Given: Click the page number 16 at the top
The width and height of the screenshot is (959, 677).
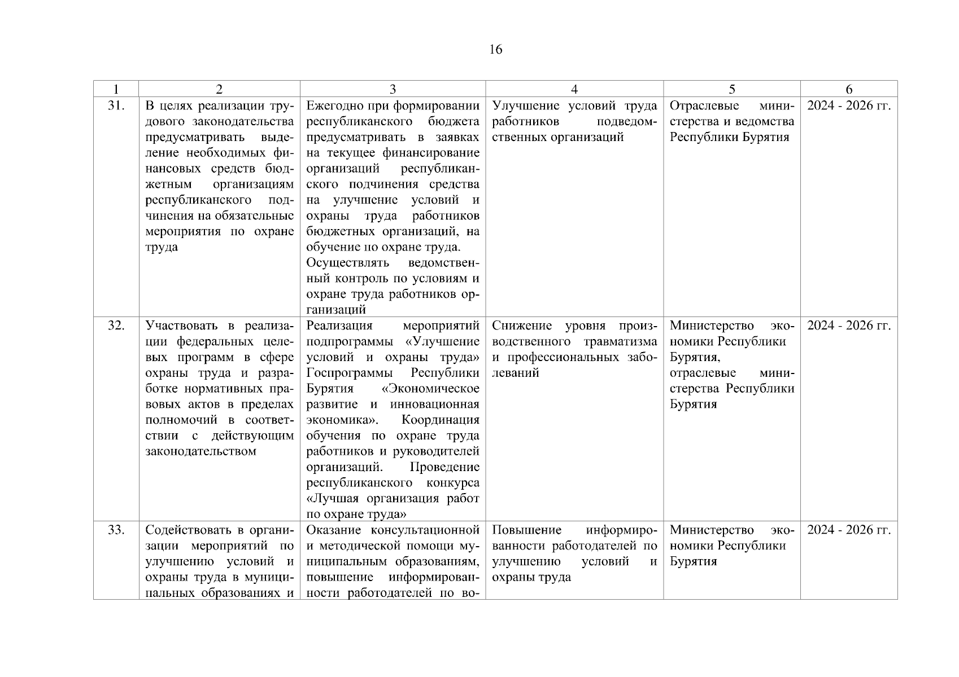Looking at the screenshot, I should click(495, 50).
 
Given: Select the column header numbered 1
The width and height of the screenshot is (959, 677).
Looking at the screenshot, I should click(116, 89).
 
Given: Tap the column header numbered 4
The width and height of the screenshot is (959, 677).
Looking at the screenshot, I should click(574, 89).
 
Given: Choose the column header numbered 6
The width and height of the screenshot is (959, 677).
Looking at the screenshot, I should click(849, 89).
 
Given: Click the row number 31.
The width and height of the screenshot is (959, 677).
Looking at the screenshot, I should click(116, 105).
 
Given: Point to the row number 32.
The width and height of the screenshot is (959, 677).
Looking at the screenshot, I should click(116, 326).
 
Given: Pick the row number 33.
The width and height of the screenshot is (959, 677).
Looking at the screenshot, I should click(116, 530).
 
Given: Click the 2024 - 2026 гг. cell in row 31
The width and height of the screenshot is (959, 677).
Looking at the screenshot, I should click(849, 105).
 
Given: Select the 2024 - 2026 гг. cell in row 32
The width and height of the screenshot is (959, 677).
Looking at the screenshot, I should click(849, 326).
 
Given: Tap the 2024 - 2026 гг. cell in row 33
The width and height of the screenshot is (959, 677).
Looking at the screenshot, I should click(849, 530).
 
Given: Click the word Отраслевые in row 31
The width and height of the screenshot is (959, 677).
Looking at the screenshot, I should click(704, 105).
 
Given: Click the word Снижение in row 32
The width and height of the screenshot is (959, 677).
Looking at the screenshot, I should click(523, 326).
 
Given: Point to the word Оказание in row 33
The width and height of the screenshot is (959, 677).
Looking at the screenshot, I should click(334, 530).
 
